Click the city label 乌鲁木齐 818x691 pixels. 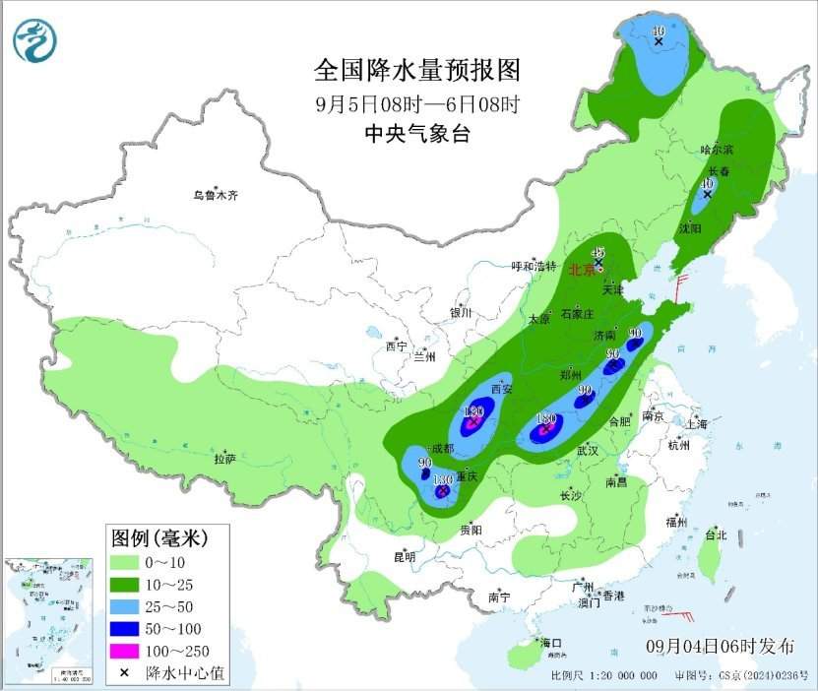tap(215, 195)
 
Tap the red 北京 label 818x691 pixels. tap(583, 269)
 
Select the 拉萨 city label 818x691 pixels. tap(224, 459)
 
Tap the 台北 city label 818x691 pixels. tap(715, 536)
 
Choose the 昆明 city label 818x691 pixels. tap(405, 557)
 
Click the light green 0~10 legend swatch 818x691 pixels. tap(124, 563)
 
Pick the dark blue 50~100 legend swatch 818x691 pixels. tap(124, 629)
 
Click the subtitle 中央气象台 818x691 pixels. tap(416, 134)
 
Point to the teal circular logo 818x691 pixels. tap(35, 40)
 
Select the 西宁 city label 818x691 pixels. tap(396, 345)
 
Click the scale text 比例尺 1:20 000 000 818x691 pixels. tap(604, 676)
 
